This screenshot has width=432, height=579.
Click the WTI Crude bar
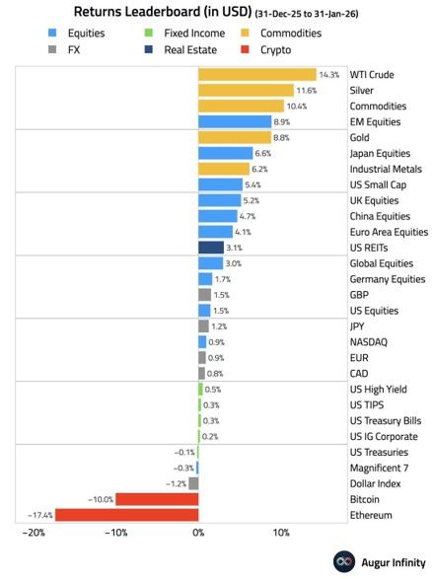coord(256,75)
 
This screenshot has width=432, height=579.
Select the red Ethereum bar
coord(126,515)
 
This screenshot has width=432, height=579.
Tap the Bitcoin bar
coord(157,499)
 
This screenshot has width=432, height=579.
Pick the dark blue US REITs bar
coord(211,248)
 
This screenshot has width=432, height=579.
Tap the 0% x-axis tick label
coord(198,534)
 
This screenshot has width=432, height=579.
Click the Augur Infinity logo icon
coord(342,560)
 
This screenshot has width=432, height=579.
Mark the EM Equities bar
coord(235,122)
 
